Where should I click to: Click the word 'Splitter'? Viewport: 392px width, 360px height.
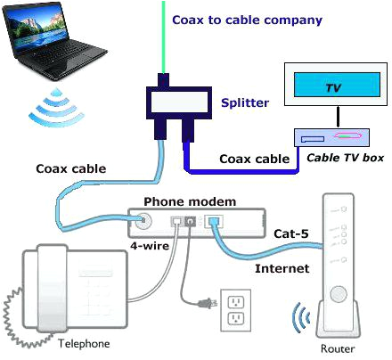coord(245,103)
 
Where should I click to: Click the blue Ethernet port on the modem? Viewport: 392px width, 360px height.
coord(215,223)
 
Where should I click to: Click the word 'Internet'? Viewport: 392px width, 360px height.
coord(281,267)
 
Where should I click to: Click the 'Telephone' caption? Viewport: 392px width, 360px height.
coord(84,343)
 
